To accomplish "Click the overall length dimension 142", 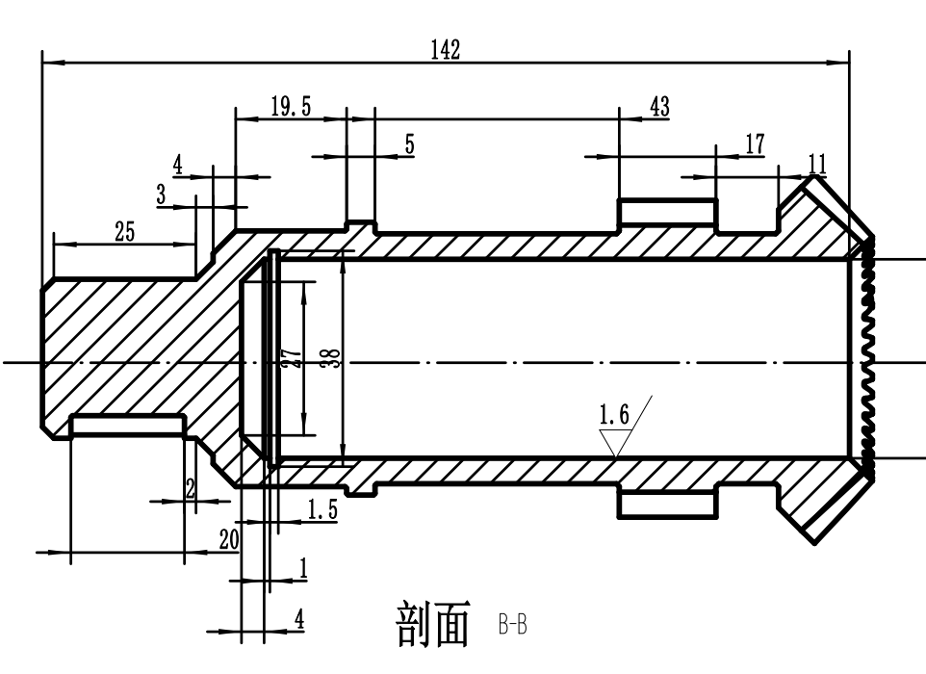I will click(445, 51).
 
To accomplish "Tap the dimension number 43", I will click(660, 107).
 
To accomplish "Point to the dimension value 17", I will click(756, 143).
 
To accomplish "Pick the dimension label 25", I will click(124, 231).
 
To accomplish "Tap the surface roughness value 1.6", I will click(613, 416).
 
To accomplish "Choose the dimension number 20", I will click(228, 540).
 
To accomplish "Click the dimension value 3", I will click(162, 194).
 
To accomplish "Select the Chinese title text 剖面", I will click(433, 624).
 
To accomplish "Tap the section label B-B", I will click(513, 627).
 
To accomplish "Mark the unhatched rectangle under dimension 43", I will click(667, 210).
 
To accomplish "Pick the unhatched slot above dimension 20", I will click(128, 425).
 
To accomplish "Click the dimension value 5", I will click(409, 144).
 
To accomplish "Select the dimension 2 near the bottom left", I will click(191, 488).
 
